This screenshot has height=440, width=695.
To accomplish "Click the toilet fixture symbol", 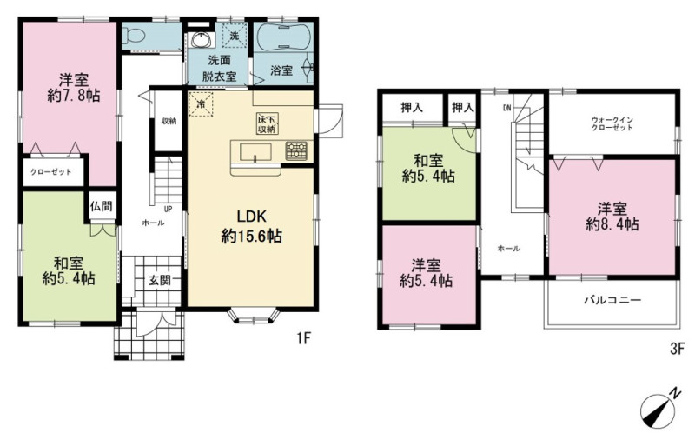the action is pos(129,35).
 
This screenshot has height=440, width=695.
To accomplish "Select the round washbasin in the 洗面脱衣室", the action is pos(201,39).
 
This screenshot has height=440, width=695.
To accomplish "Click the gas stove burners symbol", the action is pos(295,150).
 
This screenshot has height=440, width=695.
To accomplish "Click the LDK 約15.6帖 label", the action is pos(251,226).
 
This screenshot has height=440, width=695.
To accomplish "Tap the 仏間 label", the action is pos(101,206).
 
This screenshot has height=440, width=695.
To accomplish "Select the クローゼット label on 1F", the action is pos(51,171).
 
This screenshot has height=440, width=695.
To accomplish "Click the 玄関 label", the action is pos(160,280).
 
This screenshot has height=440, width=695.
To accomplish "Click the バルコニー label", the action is pos(612,300).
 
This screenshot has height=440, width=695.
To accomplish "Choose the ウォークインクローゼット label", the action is pos(612,123).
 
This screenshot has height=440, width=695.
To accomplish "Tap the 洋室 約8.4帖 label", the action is pos(612,217).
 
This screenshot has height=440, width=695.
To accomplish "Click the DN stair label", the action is pos(507,107).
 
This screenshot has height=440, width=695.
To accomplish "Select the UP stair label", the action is pos(168,209).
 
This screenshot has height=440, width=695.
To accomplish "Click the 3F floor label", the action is pos(678,349).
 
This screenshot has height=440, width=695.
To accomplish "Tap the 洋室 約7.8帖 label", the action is pos(74,88).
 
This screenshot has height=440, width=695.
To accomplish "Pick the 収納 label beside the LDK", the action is pos(169,121).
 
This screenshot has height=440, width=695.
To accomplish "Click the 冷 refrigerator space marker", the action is pos(201,103).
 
